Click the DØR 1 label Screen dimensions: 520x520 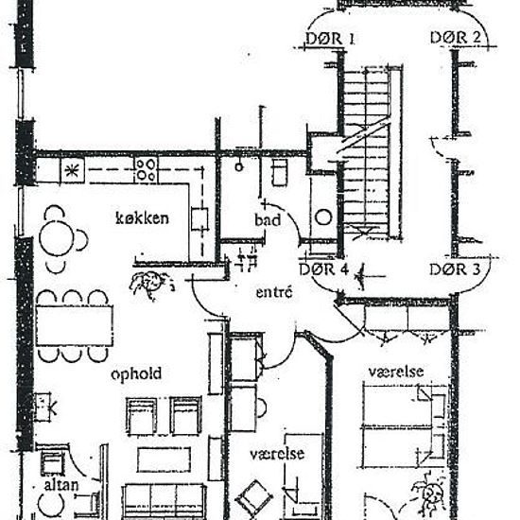point(330,39)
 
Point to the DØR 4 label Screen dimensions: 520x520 point(324,269)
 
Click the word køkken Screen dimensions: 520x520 point(142,218)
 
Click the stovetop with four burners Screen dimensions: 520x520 point(146,170)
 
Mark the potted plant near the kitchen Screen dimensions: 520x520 point(151,282)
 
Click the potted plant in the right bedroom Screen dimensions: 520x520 point(424,494)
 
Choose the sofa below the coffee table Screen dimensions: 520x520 point(165,499)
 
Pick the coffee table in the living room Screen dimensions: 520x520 point(164,459)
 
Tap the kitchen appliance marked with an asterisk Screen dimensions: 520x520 point(73,170)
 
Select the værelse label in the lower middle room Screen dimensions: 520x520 point(276,454)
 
